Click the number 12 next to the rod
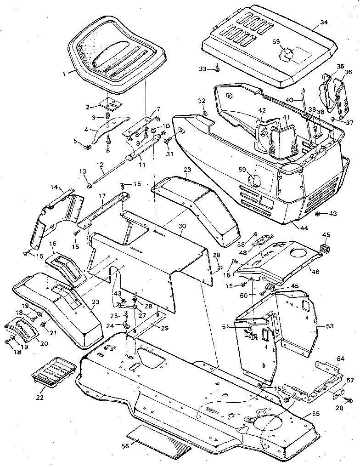point(100,165)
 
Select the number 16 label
point(53,244)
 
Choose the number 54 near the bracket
point(340,358)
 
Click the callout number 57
point(350,380)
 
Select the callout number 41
point(286,117)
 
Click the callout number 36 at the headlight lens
point(348,72)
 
